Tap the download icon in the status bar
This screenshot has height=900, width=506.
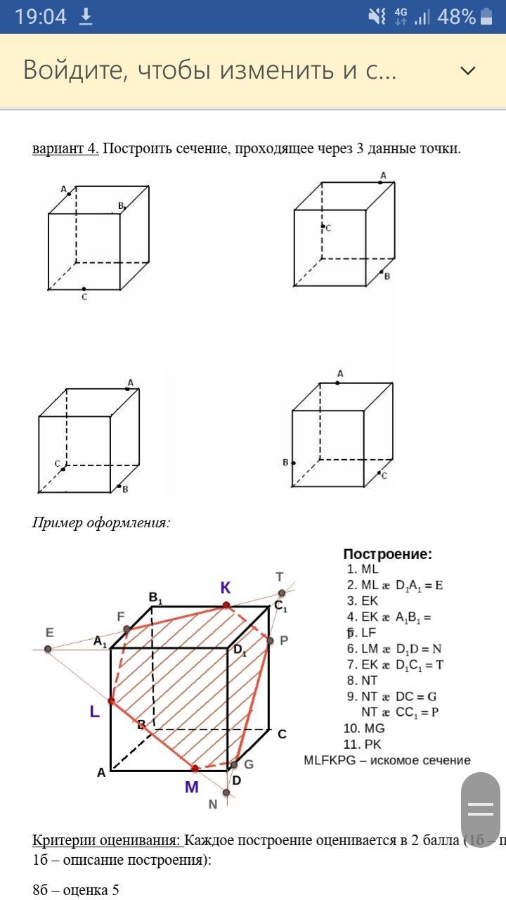click(x=86, y=17)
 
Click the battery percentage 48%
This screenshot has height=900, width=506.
click(x=456, y=17)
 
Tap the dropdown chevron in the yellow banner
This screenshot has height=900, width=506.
click(x=467, y=70)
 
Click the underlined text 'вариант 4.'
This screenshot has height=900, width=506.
click(x=65, y=148)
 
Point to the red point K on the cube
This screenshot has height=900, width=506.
click(x=226, y=605)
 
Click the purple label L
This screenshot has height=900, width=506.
click(x=94, y=712)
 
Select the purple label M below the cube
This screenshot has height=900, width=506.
click(x=191, y=787)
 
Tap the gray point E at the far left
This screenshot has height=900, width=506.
click(x=48, y=648)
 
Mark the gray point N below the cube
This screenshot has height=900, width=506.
click(x=226, y=792)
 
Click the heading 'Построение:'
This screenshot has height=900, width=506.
click(x=387, y=554)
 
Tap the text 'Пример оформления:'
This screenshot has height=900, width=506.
click(x=101, y=522)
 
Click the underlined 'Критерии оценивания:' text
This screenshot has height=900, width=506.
click(x=108, y=841)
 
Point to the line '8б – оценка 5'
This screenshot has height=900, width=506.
click(x=76, y=890)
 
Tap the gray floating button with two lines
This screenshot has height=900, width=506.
click(x=481, y=809)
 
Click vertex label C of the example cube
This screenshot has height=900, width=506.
click(x=282, y=734)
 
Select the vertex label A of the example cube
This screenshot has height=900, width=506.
click(x=101, y=772)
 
